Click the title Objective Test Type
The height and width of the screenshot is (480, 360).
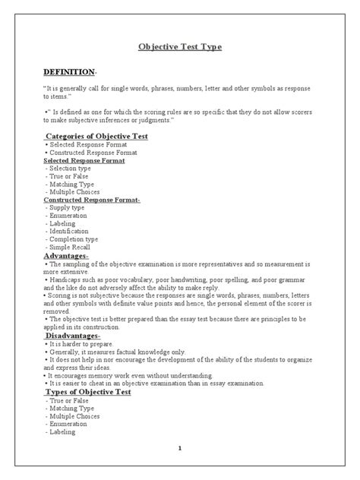tap(180, 47)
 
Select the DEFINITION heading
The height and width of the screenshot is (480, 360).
tap(68, 71)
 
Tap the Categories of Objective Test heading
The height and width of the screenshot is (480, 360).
tap(96, 136)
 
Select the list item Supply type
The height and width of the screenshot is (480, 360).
tap(67, 208)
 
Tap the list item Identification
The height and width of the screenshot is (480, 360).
tap(72, 232)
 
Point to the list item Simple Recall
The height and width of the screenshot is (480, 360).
tap(71, 248)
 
